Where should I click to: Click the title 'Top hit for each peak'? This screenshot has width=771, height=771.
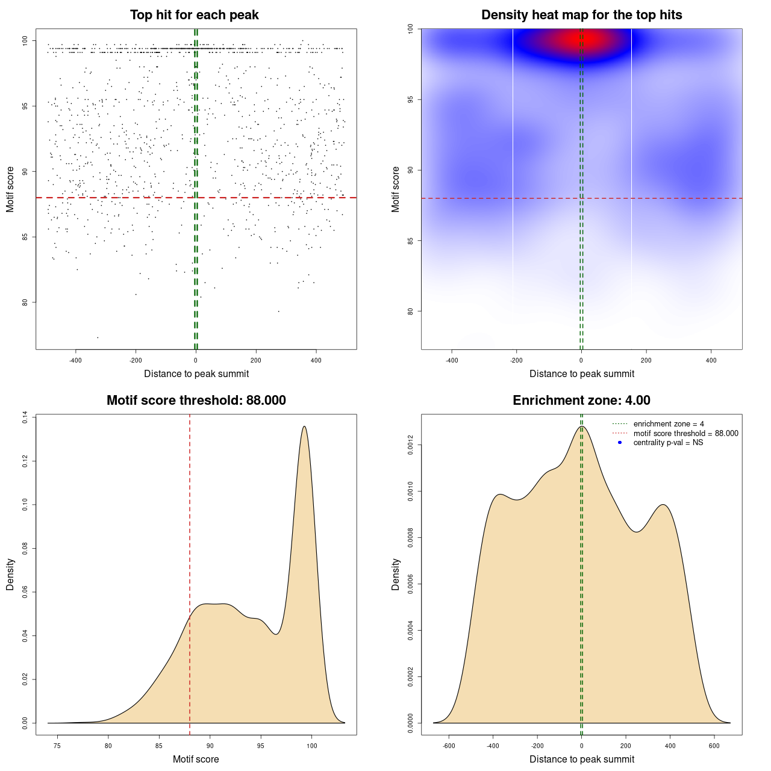pyautogui.click(x=195, y=15)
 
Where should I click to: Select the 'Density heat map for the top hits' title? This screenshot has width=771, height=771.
pyautogui.click(x=581, y=15)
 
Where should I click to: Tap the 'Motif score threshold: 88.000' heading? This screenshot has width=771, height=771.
pyautogui.click(x=196, y=401)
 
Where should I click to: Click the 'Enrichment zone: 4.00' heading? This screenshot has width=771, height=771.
pyautogui.click(x=581, y=401)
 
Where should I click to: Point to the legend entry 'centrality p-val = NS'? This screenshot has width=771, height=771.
pyautogui.click(x=668, y=443)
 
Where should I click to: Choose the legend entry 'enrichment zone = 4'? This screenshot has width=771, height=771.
pyautogui.click(x=669, y=424)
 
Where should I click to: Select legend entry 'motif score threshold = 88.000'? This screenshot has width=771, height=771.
pyautogui.click(x=685, y=434)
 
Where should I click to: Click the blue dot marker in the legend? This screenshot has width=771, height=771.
pyautogui.click(x=620, y=443)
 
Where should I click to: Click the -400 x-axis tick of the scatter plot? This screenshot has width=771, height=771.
pyautogui.click(x=75, y=360)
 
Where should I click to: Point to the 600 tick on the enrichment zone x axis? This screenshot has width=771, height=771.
pyautogui.click(x=714, y=746)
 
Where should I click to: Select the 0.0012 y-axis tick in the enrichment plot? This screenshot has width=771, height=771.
pyautogui.click(x=410, y=445)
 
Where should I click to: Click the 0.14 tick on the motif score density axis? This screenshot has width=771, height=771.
pyautogui.click(x=25, y=417)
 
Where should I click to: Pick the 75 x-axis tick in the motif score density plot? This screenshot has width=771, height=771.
pyautogui.click(x=57, y=746)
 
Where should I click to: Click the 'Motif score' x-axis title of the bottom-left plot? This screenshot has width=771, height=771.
pyautogui.click(x=196, y=760)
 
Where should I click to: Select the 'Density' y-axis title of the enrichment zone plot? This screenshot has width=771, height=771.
pyautogui.click(x=396, y=574)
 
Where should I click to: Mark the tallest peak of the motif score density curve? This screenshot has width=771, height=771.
pyautogui.click(x=304, y=426)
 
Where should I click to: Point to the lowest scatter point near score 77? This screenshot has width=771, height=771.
pyautogui.click(x=98, y=337)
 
